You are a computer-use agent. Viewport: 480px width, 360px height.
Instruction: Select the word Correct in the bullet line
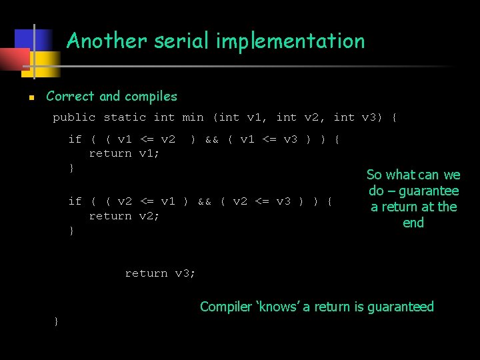tap(71, 96)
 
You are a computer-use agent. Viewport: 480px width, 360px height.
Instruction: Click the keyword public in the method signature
tap(74, 117)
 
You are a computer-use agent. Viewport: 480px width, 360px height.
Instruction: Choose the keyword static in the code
tap(125, 117)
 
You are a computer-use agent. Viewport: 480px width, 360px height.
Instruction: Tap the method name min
tap(193, 117)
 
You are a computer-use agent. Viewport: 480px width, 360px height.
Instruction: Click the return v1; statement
tap(125, 153)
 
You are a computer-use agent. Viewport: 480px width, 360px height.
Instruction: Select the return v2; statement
tap(125, 216)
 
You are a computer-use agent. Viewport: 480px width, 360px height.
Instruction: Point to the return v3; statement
tap(160, 273)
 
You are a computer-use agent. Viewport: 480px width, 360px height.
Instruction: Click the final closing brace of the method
tap(56, 322)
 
